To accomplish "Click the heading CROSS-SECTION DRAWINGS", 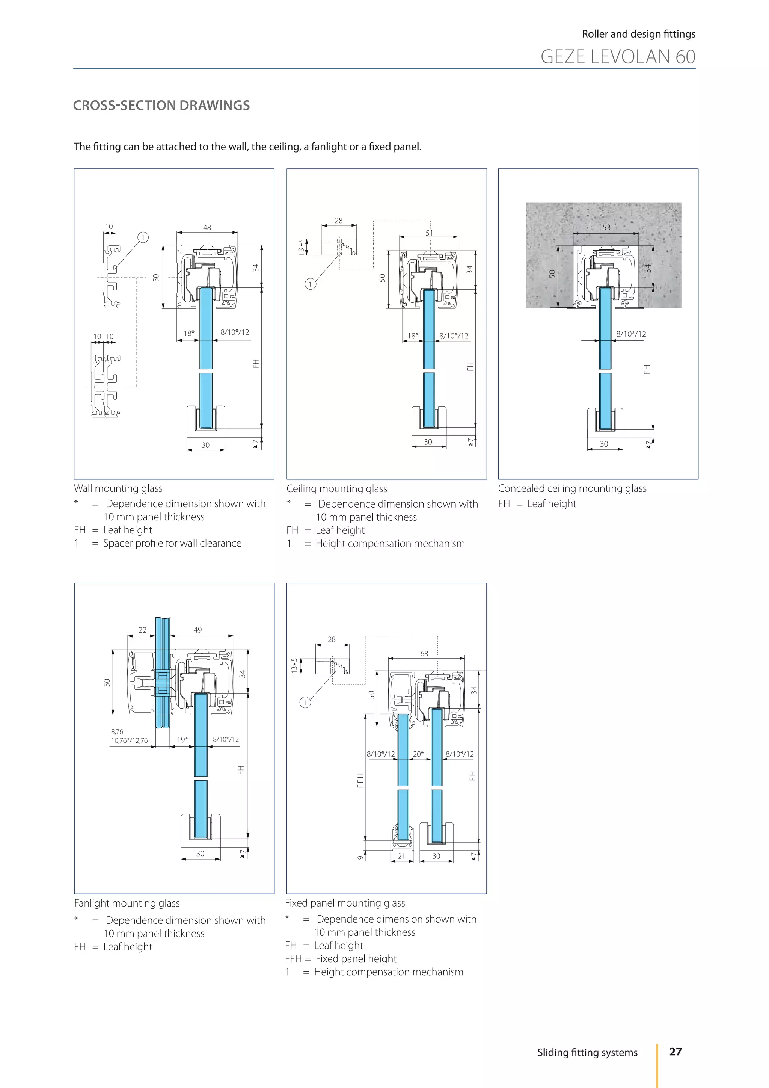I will click(161, 105).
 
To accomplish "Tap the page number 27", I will click(675, 1052).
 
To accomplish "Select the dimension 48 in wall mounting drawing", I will click(207, 227).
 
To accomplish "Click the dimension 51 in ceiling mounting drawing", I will click(429, 233).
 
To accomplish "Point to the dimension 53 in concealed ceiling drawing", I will click(606, 227).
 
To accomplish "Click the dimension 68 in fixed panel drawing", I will click(424, 653).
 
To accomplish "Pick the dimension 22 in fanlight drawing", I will click(143, 630).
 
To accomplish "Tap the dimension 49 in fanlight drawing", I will click(198, 630).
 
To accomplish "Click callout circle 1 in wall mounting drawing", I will click(143, 237).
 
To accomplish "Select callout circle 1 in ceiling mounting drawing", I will click(310, 284).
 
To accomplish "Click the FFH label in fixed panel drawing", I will click(360, 780).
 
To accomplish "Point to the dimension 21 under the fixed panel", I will click(401, 856).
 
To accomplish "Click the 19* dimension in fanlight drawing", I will click(182, 739).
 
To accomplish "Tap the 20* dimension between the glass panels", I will click(418, 754).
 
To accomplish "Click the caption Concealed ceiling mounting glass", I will click(571, 488).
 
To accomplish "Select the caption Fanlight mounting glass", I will click(127, 903).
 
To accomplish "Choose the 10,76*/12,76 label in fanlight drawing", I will click(129, 740).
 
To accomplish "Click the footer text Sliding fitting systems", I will click(587, 1052).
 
